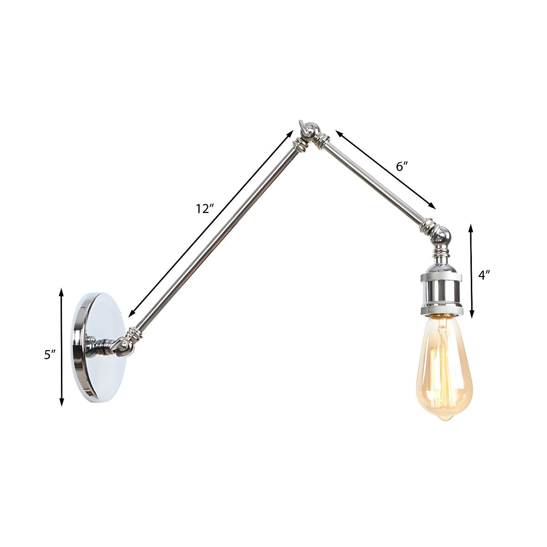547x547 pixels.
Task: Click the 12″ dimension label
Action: pos(205,209)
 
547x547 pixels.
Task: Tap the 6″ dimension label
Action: pos(401,167)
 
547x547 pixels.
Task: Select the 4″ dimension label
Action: pos(484,275)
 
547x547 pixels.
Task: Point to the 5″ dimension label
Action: pos(50,354)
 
